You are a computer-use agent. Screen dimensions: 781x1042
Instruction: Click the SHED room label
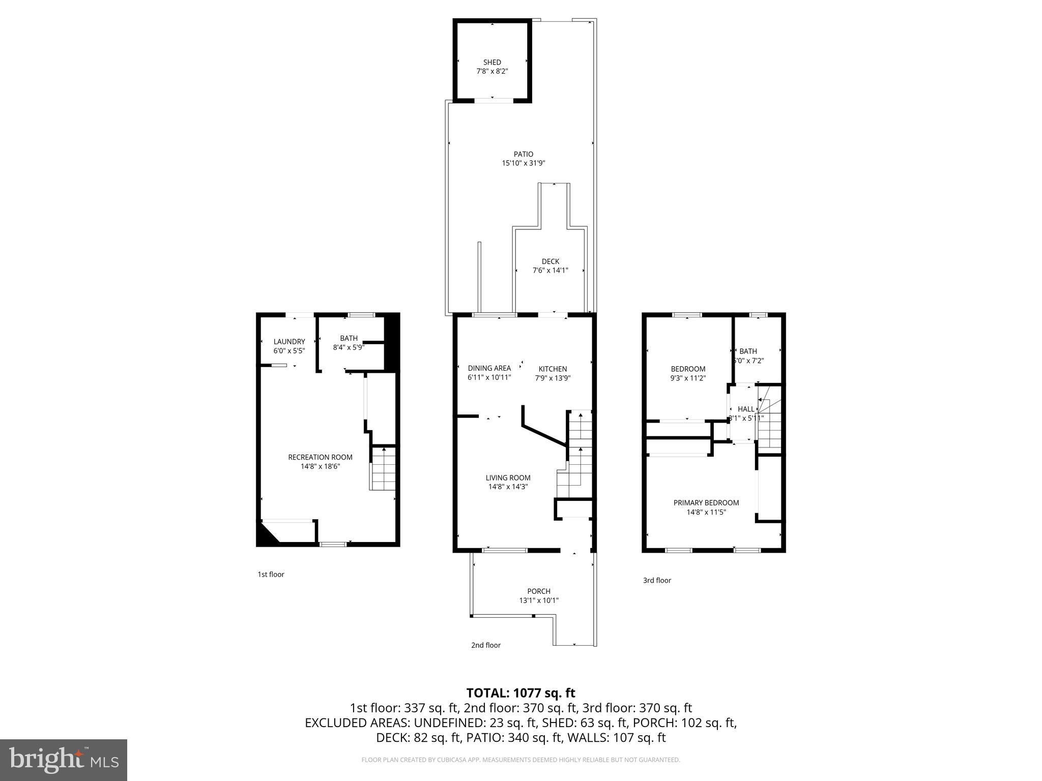tap(492, 62)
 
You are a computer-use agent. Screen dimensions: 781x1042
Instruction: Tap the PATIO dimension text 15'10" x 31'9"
tap(524, 163)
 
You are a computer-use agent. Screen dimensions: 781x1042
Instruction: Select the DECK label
tap(550, 261)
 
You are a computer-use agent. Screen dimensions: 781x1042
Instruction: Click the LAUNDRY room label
tap(289, 342)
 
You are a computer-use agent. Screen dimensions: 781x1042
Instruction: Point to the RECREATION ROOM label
tap(320, 457)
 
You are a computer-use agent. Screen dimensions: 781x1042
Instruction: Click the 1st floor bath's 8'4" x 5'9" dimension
tap(349, 348)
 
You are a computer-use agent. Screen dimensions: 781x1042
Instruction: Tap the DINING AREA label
tap(489, 368)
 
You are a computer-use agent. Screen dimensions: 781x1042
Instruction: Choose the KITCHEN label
tap(553, 369)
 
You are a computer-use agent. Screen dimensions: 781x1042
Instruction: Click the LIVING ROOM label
tap(508, 477)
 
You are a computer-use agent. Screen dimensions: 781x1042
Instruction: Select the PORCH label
tap(539, 591)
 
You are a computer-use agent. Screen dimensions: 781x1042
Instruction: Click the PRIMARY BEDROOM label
tap(706, 502)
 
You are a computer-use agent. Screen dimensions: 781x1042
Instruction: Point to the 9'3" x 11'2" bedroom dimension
tap(688, 378)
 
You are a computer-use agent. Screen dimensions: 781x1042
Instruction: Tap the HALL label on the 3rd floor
tap(746, 409)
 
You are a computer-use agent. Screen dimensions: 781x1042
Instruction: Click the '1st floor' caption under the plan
tap(271, 574)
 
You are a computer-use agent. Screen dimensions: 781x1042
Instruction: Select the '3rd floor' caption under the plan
tap(657, 580)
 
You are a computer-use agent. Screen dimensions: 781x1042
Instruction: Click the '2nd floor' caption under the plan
tap(485, 645)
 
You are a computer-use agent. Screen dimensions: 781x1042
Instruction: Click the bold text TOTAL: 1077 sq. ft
tap(520, 693)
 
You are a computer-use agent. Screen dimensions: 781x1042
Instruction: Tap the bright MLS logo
tap(64, 760)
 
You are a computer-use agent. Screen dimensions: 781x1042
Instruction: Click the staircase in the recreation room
tap(383, 469)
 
